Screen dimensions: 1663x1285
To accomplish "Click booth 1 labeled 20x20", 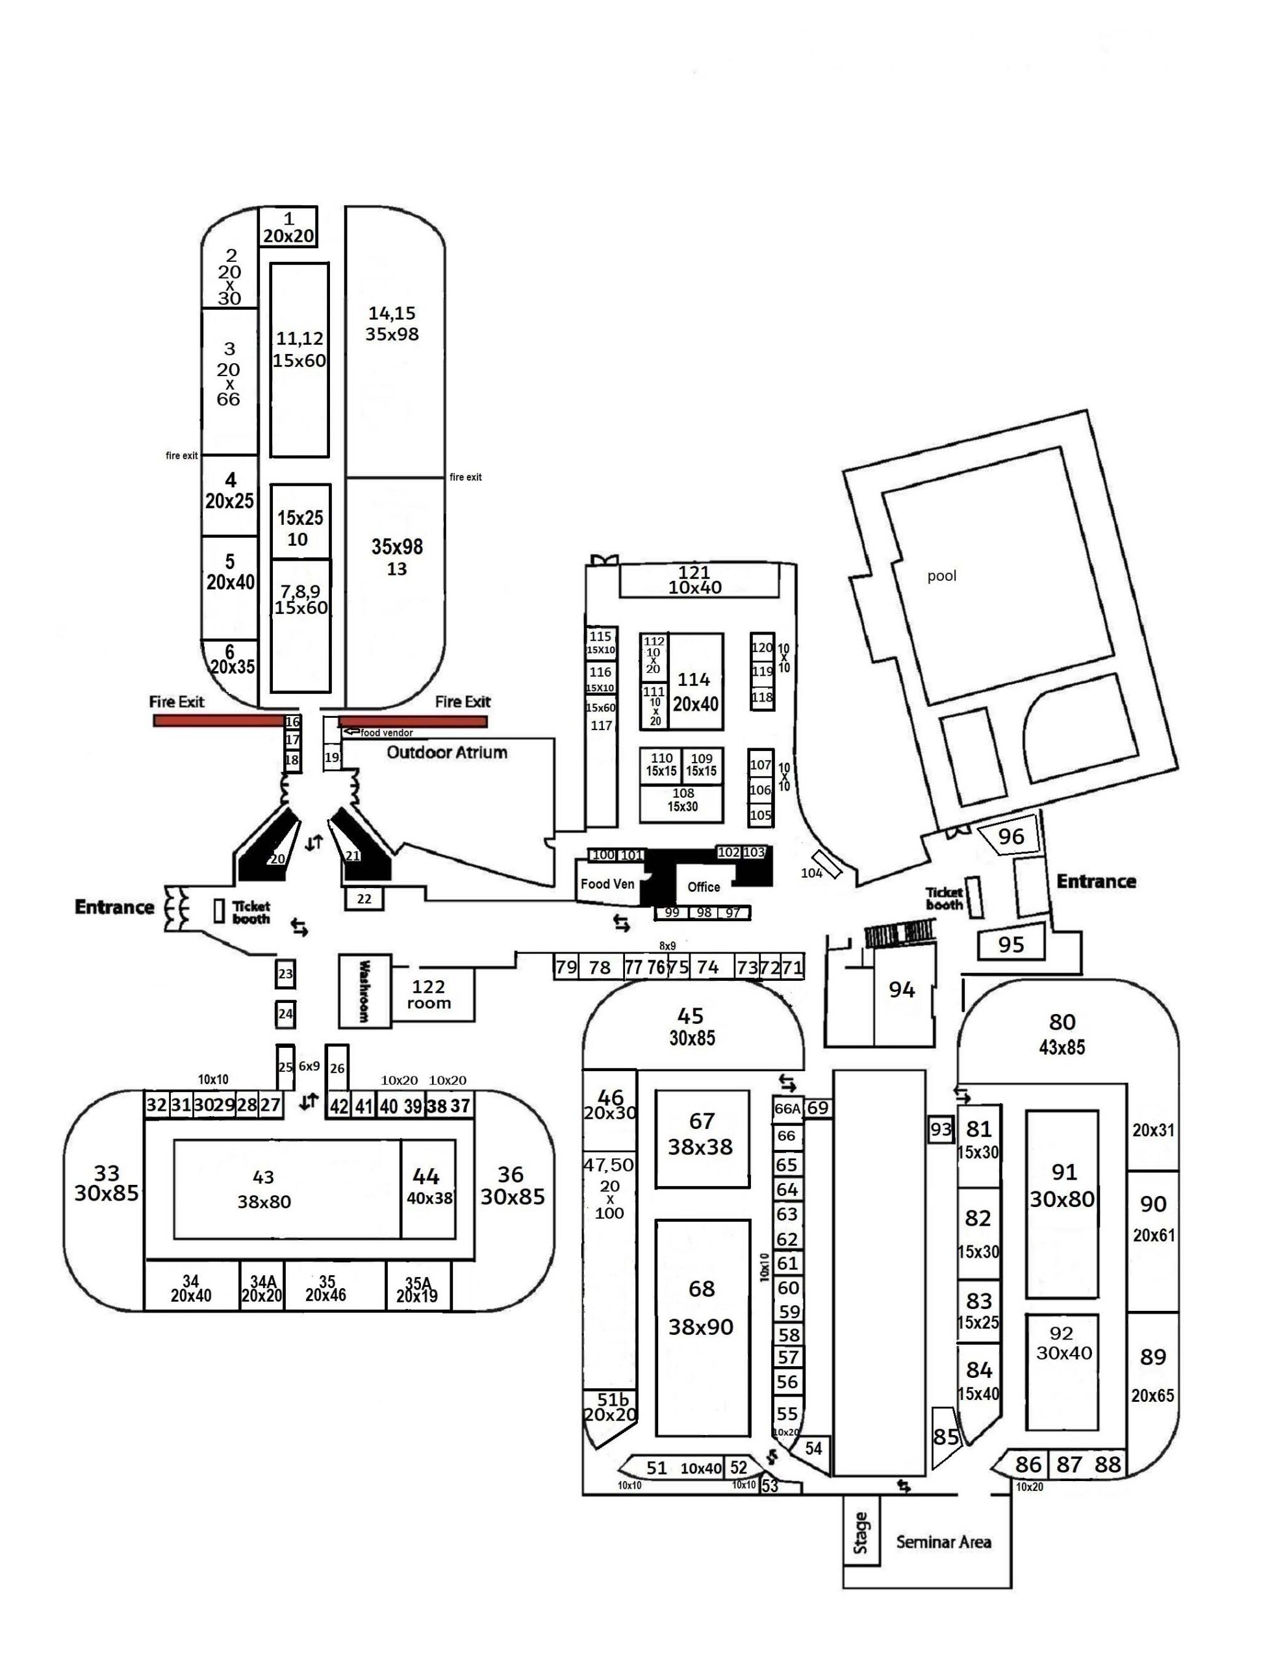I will pyautogui.click(x=288, y=227).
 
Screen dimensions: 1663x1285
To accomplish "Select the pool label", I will pyautogui.click(x=941, y=576).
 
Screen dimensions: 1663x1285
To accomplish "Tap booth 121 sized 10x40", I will pyautogui.click(x=694, y=580).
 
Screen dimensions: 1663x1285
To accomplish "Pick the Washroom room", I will pyautogui.click(x=364, y=991).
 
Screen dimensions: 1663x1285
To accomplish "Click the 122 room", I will pyautogui.click(x=429, y=995).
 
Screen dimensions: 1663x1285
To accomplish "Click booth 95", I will pyautogui.click(x=1011, y=944).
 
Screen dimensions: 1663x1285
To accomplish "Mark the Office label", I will pyautogui.click(x=703, y=886).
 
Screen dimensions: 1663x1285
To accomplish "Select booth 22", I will pyautogui.click(x=364, y=899).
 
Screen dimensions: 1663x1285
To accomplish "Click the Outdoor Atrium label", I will pyautogui.click(x=446, y=752).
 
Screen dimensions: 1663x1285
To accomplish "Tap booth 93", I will pyautogui.click(x=941, y=1129).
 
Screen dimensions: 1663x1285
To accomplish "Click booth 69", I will pyautogui.click(x=817, y=1108).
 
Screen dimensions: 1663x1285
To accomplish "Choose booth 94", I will pyautogui.click(x=902, y=990).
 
